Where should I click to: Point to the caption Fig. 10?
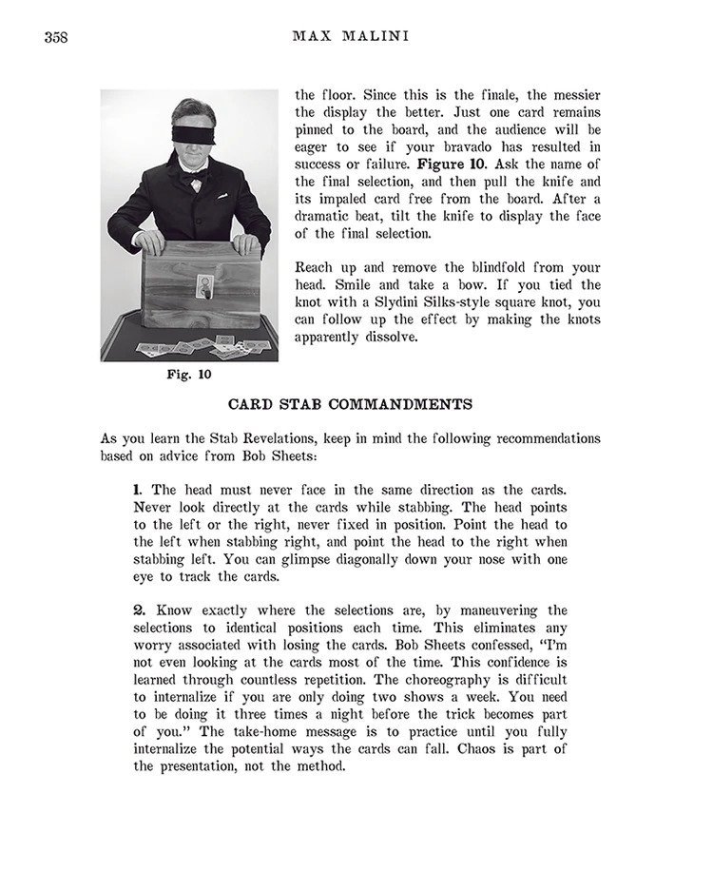189,374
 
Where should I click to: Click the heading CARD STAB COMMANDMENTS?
350,404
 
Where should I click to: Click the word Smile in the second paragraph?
317,285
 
